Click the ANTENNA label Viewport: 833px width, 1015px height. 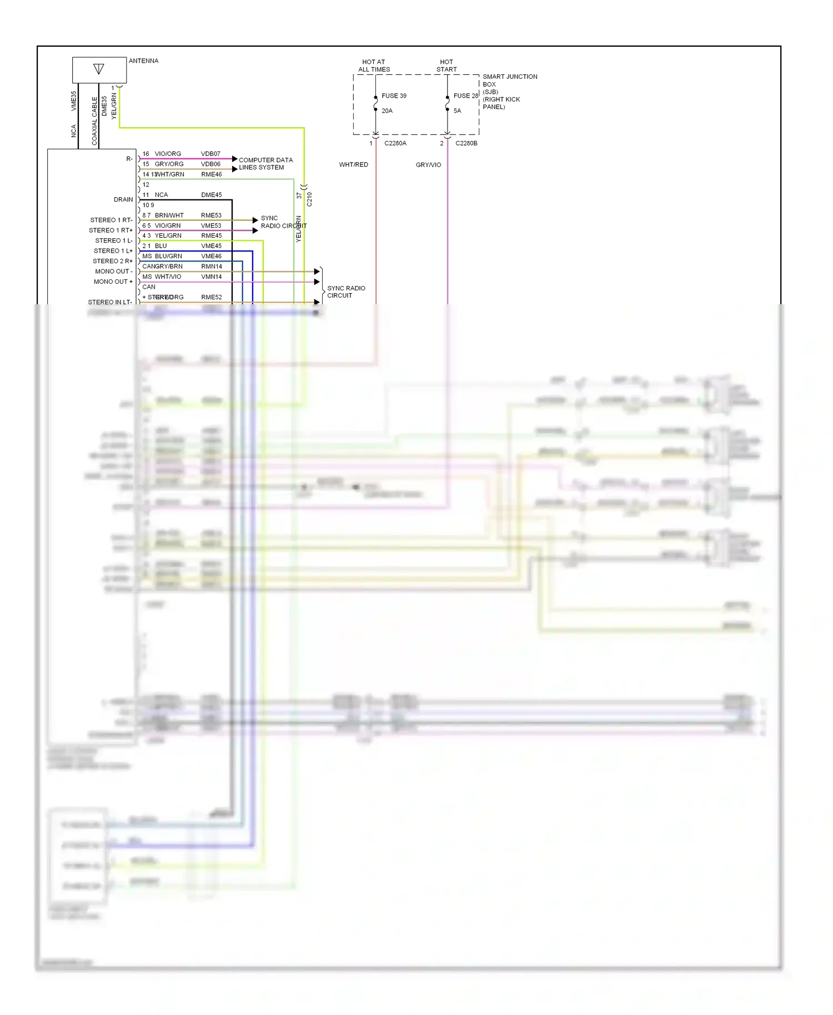(x=143, y=61)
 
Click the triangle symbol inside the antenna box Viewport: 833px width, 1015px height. (x=99, y=69)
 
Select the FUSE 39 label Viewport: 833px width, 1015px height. (x=394, y=96)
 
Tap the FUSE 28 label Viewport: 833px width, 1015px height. (x=465, y=96)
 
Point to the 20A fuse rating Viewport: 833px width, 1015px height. (x=387, y=110)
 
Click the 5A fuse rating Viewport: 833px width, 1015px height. (x=457, y=110)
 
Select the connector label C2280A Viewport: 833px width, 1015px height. (x=395, y=143)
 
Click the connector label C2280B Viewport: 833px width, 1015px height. (x=466, y=143)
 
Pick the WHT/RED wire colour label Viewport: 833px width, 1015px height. (x=354, y=164)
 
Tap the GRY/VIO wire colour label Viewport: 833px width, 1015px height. (x=428, y=164)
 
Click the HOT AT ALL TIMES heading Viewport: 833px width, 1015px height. (x=374, y=66)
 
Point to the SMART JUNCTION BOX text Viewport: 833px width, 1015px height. (x=509, y=81)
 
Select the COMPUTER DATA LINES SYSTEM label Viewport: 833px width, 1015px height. (x=265, y=163)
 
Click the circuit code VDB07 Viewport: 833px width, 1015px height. (x=210, y=154)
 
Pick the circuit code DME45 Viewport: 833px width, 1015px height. (x=211, y=195)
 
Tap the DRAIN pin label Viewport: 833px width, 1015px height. (x=123, y=199)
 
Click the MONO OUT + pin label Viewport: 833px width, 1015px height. (x=113, y=282)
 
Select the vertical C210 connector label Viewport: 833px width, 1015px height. (x=309, y=199)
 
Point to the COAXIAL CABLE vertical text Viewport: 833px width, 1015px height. (x=94, y=121)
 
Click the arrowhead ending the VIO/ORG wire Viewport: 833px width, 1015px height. (x=235, y=159)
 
